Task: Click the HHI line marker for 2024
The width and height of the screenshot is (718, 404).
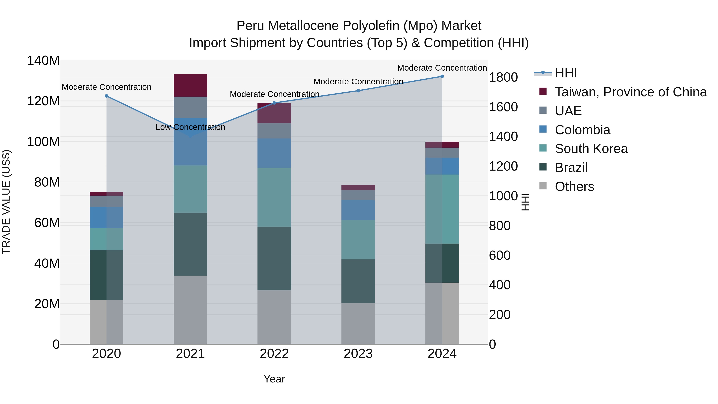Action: (442, 76)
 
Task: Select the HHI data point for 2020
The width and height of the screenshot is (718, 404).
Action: (107, 96)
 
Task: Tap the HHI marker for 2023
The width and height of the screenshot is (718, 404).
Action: (358, 91)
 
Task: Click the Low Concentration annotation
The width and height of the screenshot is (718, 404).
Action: (190, 127)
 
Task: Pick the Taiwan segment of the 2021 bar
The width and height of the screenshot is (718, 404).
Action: (190, 85)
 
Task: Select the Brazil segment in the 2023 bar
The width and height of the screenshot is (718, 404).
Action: (358, 281)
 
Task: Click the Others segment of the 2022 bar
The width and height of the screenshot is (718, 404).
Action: (274, 317)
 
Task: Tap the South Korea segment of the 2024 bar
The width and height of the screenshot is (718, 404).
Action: (442, 209)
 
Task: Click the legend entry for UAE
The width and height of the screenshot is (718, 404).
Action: (568, 111)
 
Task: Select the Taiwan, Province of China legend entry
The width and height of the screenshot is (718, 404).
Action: (630, 92)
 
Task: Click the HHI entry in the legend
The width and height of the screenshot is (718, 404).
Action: (566, 73)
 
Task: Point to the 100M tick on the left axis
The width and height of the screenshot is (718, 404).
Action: (43, 142)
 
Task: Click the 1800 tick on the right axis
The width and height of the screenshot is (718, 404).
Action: (503, 77)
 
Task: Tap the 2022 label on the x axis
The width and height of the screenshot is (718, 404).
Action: (274, 354)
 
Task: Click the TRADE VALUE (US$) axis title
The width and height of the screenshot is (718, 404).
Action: (6, 202)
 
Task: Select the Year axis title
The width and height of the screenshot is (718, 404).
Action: (274, 379)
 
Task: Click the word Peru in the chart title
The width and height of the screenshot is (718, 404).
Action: (249, 26)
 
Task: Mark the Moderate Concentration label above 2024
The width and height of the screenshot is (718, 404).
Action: (442, 68)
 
